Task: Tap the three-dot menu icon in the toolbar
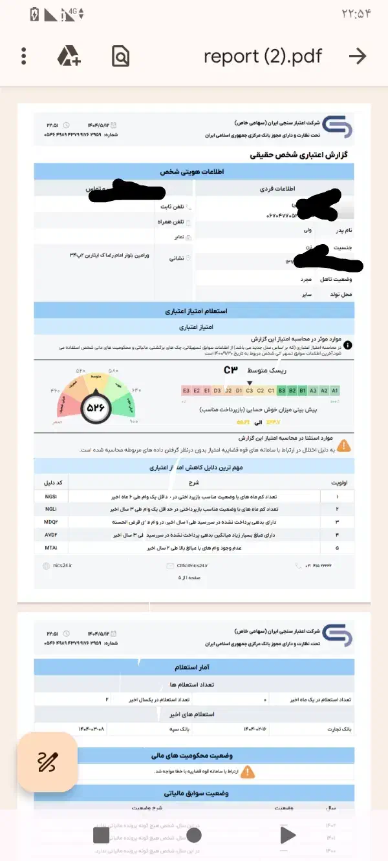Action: pyautogui.click(x=24, y=56)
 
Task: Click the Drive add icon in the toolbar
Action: pyautogui.click(x=69, y=56)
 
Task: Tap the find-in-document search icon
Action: pyautogui.click(x=120, y=56)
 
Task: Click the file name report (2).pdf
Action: pyautogui.click(x=263, y=56)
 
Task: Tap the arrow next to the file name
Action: pyautogui.click(x=358, y=56)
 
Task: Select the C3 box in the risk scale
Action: pyautogui.click(x=250, y=390)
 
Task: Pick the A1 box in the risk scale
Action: pyautogui.click(x=335, y=390)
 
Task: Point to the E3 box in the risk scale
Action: pyautogui.click(x=186, y=390)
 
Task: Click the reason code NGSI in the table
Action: pyautogui.click(x=51, y=496)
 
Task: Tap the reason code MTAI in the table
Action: pyautogui.click(x=51, y=548)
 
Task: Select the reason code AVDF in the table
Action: pyautogui.click(x=51, y=535)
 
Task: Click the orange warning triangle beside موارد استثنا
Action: pyautogui.click(x=345, y=445)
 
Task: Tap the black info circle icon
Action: pyautogui.click(x=347, y=345)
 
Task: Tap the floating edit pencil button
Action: pyautogui.click(x=48, y=762)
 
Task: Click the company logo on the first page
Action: pyautogui.click(x=337, y=127)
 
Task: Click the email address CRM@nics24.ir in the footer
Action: pyautogui.click(x=195, y=565)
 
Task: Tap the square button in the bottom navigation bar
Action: pyautogui.click(x=101, y=835)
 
